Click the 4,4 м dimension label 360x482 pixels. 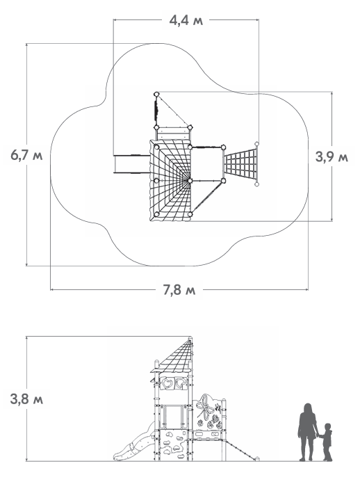[x=186, y=21]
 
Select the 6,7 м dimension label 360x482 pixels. [x=26, y=155]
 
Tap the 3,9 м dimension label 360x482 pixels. [x=332, y=156]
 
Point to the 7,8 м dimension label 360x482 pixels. [x=179, y=289]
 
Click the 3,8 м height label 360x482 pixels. [x=26, y=399]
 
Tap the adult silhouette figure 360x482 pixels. [x=308, y=432]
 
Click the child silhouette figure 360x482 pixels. [x=326, y=442]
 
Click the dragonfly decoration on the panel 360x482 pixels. [x=206, y=408]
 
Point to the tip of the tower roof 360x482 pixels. [x=190, y=337]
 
